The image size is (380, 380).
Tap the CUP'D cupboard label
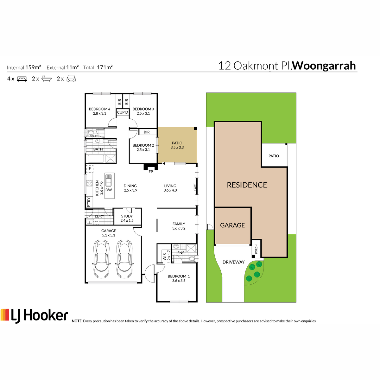coord(123,112)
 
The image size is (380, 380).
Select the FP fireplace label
coord(151,172)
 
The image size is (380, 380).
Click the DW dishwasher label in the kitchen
coord(109,190)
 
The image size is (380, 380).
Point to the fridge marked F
coord(90,168)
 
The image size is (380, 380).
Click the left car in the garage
coord(101,259)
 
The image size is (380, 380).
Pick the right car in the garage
coord(124,259)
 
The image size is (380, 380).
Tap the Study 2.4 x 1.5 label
coord(127,218)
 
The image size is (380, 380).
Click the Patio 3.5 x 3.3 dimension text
coord(177,147)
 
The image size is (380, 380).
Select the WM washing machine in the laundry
coord(96,221)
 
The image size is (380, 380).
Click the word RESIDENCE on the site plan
coord(247,185)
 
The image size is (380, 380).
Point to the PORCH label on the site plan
coord(256,249)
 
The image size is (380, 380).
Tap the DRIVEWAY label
coord(233,262)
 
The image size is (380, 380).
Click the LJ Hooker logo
coord(34,315)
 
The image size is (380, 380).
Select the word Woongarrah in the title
coord(324,66)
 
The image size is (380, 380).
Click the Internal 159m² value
coord(33,67)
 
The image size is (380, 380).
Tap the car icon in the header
coord(71,79)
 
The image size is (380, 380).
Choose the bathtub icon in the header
coord(47,79)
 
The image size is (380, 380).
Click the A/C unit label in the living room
coord(195,186)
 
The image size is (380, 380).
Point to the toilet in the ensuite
coord(192,258)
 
